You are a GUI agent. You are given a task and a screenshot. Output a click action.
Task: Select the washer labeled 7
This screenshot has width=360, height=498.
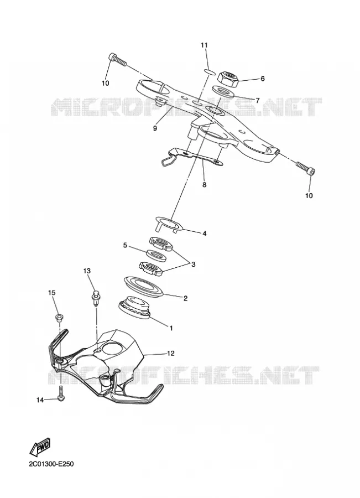point(222,92)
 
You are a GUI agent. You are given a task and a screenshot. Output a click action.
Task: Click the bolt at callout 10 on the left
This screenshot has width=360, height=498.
point(117,60)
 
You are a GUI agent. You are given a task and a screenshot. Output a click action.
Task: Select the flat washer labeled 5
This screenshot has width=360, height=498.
point(156,255)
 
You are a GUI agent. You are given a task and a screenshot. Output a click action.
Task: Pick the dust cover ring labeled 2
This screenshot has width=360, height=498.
point(143,287)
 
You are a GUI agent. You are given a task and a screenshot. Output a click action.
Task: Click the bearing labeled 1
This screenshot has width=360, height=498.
point(134,308)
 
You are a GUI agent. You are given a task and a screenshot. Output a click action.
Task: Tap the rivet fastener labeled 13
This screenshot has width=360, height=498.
point(95,297)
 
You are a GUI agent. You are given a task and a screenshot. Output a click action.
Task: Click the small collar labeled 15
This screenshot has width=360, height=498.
point(59,318)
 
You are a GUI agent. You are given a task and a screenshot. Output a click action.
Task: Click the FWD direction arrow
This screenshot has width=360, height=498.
point(40,446)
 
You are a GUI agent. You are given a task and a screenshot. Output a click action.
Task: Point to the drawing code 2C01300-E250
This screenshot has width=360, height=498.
point(51,464)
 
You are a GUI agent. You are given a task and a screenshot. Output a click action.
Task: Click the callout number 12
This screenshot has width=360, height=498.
point(170,353)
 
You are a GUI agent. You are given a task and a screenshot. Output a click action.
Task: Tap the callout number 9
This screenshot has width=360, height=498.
point(155,128)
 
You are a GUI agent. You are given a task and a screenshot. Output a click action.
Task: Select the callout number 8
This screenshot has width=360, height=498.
point(204,184)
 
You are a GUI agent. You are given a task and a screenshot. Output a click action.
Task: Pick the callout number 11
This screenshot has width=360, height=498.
point(204,45)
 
